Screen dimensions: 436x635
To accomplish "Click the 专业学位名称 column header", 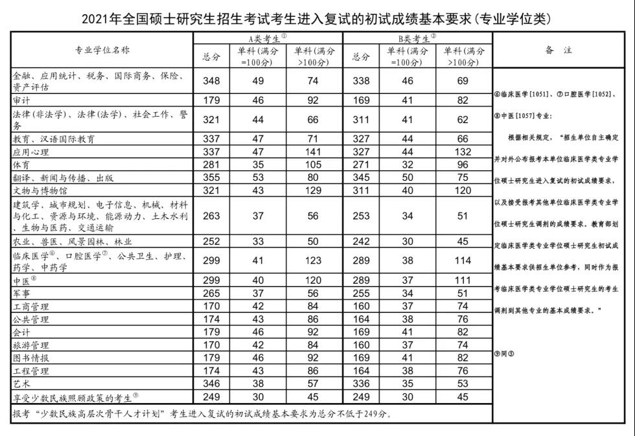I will (x=102, y=50).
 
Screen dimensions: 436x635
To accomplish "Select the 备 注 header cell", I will (x=558, y=50).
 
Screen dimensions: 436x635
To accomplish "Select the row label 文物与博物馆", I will (x=40, y=190).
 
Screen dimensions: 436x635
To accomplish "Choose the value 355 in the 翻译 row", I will (x=212, y=178).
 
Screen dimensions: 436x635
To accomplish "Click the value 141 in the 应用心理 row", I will (x=314, y=152).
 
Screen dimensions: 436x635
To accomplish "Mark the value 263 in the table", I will (x=212, y=216).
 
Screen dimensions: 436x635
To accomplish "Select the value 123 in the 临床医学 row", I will (x=314, y=261).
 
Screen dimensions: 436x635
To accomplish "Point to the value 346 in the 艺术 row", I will (x=212, y=384).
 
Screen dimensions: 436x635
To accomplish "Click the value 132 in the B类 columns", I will (x=463, y=152).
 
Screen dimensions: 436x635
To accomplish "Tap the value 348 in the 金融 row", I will (x=212, y=81).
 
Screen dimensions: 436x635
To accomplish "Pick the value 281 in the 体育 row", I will (x=212, y=165).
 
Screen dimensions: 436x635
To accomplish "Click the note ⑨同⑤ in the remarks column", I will (x=505, y=353).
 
